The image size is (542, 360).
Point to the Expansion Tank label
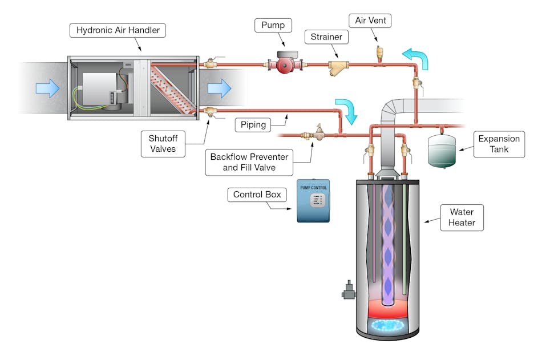[499, 144]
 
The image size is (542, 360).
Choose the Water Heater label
[462, 216]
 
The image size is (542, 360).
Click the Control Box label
[257, 195]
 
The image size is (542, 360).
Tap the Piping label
[253, 124]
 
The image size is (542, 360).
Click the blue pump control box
[313, 201]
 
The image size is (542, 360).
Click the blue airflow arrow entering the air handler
[47, 88]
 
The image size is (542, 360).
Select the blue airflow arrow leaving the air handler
[219, 88]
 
